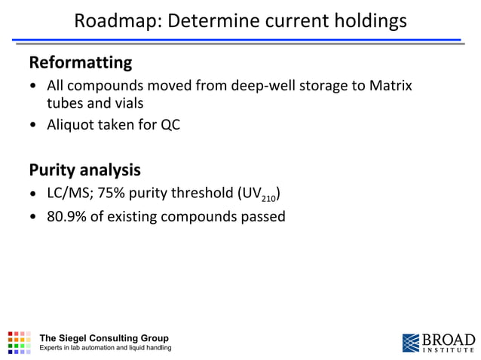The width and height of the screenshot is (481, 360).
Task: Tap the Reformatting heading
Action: pyautogui.click(x=80, y=62)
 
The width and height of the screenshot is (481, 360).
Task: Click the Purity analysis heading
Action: pyautogui.click(x=84, y=169)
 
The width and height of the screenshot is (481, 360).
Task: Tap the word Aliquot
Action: pyautogui.click(x=72, y=125)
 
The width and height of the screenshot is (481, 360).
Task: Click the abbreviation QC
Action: pyautogui.click(x=169, y=125)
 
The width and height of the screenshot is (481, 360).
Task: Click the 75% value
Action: pyautogui.click(x=114, y=194)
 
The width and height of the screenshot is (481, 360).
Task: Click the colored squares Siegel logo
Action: pyautogui.click(x=20, y=342)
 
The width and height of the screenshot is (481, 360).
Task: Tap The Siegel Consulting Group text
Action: pyautogui.click(x=103, y=337)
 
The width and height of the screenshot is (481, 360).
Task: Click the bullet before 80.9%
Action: pyautogui.click(x=33, y=217)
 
